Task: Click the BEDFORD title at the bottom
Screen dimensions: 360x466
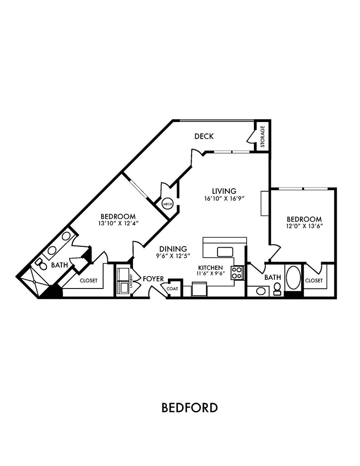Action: click(x=189, y=407)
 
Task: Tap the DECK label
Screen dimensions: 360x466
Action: click(x=204, y=137)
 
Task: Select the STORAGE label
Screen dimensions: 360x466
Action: click(x=263, y=137)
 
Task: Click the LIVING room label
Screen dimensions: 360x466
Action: click(x=224, y=191)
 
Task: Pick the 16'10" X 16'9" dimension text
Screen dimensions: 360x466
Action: click(x=224, y=198)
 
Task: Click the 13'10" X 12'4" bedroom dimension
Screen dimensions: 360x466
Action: click(x=118, y=223)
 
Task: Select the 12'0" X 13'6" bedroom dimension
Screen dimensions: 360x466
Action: click(x=304, y=226)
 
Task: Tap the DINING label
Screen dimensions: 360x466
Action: click(x=173, y=249)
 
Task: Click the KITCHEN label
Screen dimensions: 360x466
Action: click(x=210, y=268)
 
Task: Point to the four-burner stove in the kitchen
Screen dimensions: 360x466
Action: click(x=237, y=273)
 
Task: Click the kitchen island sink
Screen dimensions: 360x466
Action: click(x=225, y=252)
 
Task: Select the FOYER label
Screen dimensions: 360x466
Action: click(x=153, y=279)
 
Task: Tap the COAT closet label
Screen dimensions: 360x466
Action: click(x=172, y=289)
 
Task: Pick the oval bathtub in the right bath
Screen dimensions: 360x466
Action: click(x=293, y=278)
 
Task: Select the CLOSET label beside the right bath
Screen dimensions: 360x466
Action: click(x=314, y=280)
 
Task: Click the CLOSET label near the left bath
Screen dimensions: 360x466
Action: click(x=89, y=280)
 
